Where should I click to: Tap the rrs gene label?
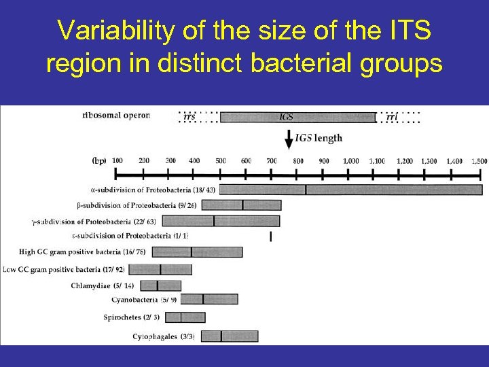pos(190,117)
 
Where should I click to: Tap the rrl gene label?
pos(392,117)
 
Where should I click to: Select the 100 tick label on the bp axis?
pos(117,161)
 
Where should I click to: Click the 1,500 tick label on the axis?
pos(477,161)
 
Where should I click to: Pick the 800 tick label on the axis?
pos(297,161)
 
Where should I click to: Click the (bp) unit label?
pos(99,161)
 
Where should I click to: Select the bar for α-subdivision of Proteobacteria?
pos(350,190)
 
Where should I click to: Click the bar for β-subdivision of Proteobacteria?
pos(241,205)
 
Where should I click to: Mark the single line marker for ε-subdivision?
pos(271,237)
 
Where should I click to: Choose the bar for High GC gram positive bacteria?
pos(196,252)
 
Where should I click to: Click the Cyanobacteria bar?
pos(211,299)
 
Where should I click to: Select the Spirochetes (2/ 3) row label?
pos(132,317)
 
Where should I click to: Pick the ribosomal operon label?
pos(116,116)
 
